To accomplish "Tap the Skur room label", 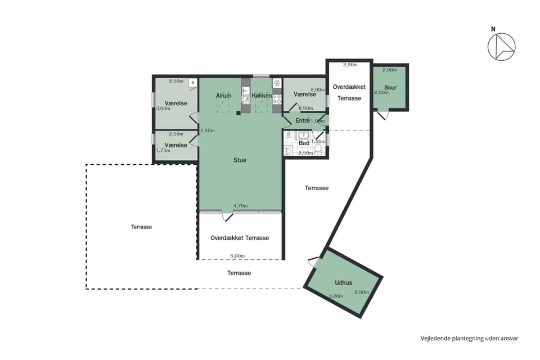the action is pyautogui.click(x=390, y=88).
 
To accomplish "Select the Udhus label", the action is pyautogui.click(x=343, y=283).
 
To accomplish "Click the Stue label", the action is pyautogui.click(x=240, y=160).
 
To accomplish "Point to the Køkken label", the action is pyautogui.click(x=262, y=96).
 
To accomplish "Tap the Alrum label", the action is pyautogui.click(x=223, y=96).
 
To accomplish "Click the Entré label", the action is pyautogui.click(x=303, y=121).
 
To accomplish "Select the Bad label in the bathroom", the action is pyautogui.click(x=304, y=143).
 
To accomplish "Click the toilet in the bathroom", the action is pyautogui.click(x=318, y=150).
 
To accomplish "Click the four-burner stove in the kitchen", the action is pyautogui.click(x=277, y=100).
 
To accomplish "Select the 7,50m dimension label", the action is pyautogui.click(x=208, y=130).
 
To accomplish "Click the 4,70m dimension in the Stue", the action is pyautogui.click(x=241, y=206).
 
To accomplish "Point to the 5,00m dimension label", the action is pyautogui.click(x=237, y=256).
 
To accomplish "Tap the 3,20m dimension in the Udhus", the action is pyautogui.click(x=336, y=296).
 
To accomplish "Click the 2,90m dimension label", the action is pyautogui.click(x=350, y=65).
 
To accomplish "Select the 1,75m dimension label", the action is pyautogui.click(x=163, y=150).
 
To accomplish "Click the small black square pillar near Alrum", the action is pyautogui.click(x=238, y=112).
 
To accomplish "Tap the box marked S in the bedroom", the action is pyautogui.click(x=193, y=83).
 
